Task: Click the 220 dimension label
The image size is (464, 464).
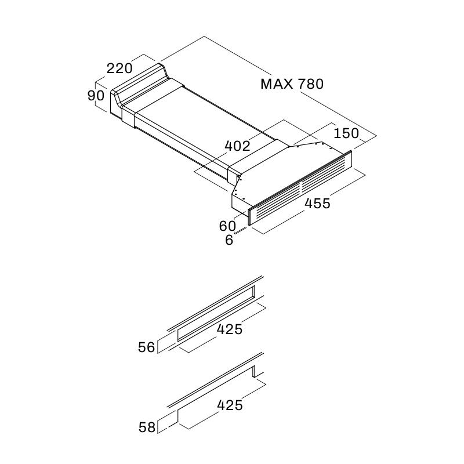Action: [119, 68]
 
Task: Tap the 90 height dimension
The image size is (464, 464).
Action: [96, 95]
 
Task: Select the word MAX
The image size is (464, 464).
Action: [277, 84]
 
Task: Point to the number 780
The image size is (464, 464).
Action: [311, 84]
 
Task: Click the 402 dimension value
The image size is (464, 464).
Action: [237, 146]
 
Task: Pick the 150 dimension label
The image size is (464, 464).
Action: [346, 133]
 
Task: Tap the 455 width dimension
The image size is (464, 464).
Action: [317, 203]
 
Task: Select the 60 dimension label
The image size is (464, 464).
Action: [227, 226]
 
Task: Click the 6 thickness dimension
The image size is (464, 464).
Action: [229, 240]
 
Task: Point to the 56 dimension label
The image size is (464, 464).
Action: [147, 347]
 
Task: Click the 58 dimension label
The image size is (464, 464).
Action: [147, 427]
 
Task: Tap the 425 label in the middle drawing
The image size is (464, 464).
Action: [230, 329]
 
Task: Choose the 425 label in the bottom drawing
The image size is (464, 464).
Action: [230, 405]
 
